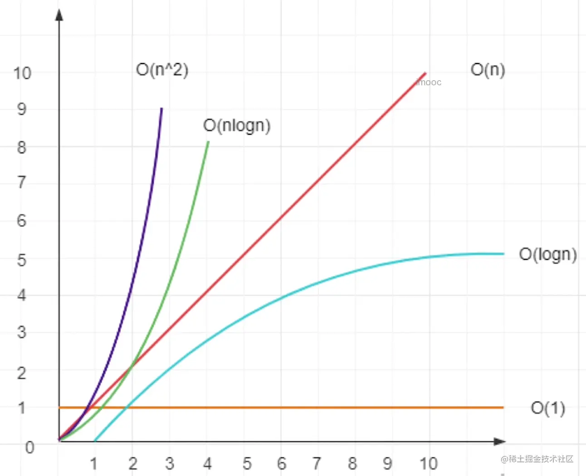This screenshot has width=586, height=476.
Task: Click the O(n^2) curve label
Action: tap(162, 70)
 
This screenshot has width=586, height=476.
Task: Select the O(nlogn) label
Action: tap(237, 126)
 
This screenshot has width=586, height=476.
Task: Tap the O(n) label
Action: tap(488, 70)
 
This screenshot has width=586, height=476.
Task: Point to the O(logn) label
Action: tap(547, 254)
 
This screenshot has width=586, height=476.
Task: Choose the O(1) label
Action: tap(547, 408)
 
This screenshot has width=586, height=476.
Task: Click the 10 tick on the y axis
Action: tap(22, 73)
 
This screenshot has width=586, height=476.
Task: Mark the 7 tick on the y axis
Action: tap(21, 182)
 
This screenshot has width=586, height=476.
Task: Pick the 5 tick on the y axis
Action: tap(21, 260)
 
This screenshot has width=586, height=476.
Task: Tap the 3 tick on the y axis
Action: tap(21, 332)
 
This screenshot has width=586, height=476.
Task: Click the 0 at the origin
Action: tap(29, 447)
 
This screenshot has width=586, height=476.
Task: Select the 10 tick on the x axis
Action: tap(428, 463)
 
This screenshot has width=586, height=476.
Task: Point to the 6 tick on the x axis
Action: tap(282, 463)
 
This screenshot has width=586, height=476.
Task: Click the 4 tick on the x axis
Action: tap(207, 463)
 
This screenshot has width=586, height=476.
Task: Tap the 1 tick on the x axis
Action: tap(94, 463)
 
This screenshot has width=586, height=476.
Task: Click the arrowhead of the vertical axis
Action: tap(59, 15)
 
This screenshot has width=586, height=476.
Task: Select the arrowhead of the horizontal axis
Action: tap(499, 441)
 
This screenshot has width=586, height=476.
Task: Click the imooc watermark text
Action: tap(429, 82)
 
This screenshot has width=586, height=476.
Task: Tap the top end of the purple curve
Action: tap(161, 109)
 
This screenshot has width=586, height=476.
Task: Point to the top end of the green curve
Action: tap(208, 142)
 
